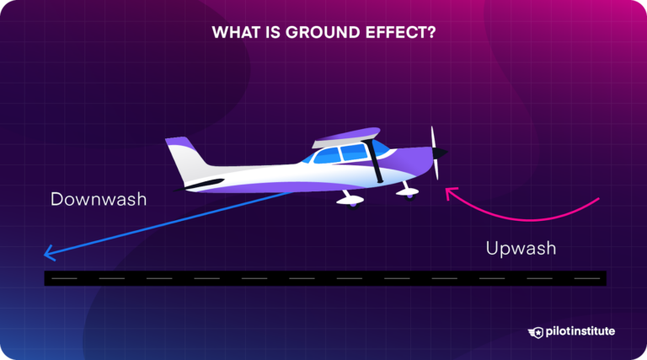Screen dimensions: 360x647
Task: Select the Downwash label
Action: [98, 200]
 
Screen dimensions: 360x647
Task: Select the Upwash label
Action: [521, 249]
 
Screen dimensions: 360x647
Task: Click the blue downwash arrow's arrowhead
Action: [49, 251]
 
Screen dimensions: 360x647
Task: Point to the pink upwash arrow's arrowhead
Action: [450, 192]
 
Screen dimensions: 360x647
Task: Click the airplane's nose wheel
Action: [410, 195]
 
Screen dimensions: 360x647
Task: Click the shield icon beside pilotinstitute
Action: [537, 331]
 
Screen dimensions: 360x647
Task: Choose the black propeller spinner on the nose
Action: [442, 154]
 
